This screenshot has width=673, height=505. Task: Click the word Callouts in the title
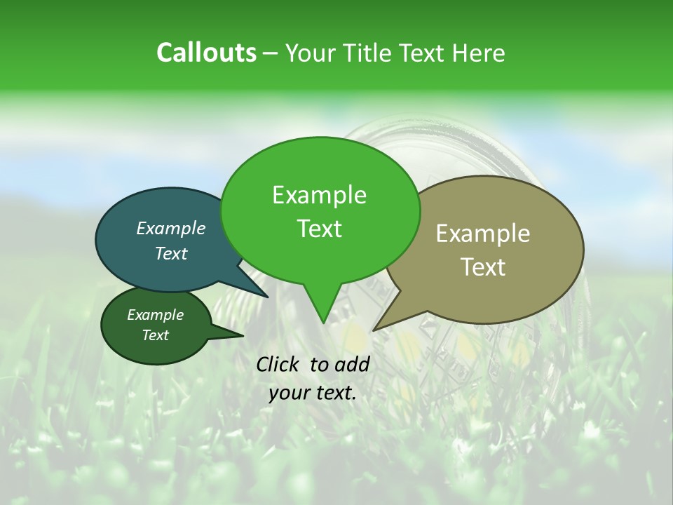pyautogui.click(x=206, y=53)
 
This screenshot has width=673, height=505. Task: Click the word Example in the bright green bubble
pyautogui.click(x=319, y=195)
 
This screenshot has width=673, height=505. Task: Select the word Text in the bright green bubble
pyautogui.click(x=319, y=229)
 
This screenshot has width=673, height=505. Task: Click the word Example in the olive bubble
pyautogui.click(x=482, y=234)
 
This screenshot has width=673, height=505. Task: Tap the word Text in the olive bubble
pyautogui.click(x=484, y=267)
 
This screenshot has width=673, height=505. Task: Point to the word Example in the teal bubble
pyautogui.click(x=170, y=228)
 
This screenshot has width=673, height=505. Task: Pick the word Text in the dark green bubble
pyautogui.click(x=155, y=335)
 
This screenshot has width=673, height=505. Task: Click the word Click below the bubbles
pyautogui.click(x=278, y=364)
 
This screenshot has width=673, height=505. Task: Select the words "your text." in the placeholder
pyautogui.click(x=313, y=393)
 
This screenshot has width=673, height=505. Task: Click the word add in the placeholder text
pyautogui.click(x=351, y=364)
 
